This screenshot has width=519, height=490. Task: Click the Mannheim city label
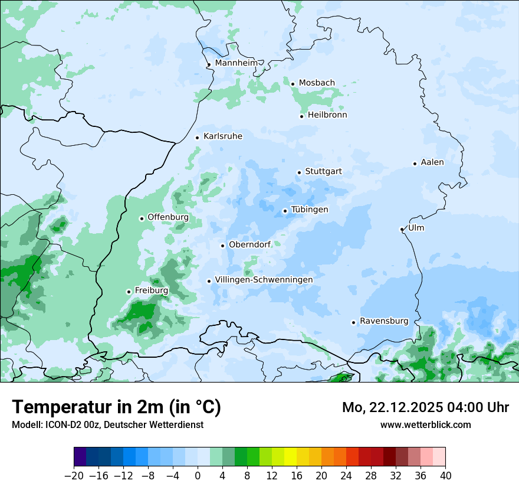[236, 63]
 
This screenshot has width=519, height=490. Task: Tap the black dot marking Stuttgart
[299, 172]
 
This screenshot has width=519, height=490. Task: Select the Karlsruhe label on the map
[223, 136]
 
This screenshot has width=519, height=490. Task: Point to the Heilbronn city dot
[301, 116]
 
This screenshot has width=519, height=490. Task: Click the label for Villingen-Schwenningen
[264, 280]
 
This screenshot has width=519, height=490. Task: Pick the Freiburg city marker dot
[129, 292]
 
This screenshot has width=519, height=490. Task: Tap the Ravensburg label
[384, 321]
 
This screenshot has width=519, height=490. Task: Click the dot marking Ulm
[402, 229]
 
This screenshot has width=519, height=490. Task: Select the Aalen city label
[432, 162]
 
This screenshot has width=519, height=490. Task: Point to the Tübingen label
[310, 210]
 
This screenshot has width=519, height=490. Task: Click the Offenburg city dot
[142, 218]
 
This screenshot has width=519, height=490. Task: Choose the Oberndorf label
[250, 244]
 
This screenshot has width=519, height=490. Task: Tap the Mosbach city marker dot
[293, 84]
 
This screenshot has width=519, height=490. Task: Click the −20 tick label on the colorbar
[74, 476]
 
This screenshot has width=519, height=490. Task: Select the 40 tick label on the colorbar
[445, 476]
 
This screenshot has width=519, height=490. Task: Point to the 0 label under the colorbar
[198, 476]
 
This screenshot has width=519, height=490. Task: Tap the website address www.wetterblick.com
[426, 424]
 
